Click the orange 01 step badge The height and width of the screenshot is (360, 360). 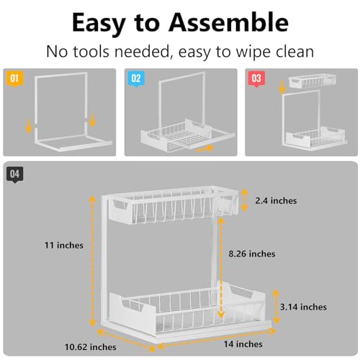point(15,79)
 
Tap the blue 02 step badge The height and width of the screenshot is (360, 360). point(136,79)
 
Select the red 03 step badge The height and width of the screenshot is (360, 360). point(256,79)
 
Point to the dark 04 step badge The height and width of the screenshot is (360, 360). point(15,174)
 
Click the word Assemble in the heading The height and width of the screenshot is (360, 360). point(228,23)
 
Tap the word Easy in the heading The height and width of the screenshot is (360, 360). point(99,24)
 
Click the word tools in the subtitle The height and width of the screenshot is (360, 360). point(91,52)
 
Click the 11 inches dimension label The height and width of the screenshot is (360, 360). point(64,246)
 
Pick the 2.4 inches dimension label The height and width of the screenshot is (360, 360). point(276,201)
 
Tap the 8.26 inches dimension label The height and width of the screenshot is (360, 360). point(252,253)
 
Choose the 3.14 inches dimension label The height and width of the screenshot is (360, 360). point(303,307)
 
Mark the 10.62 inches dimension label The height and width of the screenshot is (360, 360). point(91,347)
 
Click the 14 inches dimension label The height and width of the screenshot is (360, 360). point(243,344)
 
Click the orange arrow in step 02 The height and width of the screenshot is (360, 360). point(204,149)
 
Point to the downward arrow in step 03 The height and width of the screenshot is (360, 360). point(282,87)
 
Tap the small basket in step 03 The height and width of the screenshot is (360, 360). point(312,81)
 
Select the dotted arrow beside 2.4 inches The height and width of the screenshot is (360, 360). point(245,200)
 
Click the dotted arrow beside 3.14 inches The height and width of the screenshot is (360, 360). point(276,307)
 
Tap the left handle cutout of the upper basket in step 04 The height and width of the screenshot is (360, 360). point(120,204)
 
